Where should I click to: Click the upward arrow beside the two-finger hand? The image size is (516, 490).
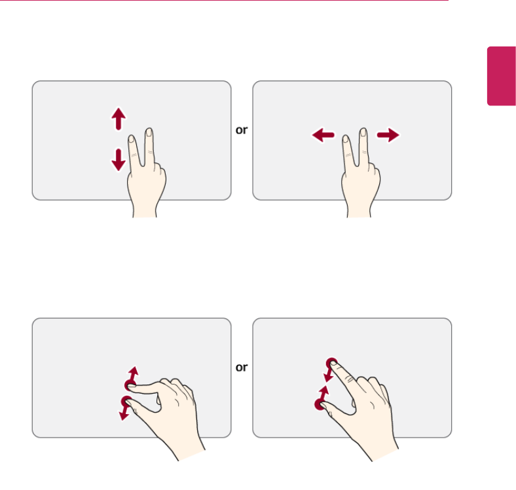tap(119, 119)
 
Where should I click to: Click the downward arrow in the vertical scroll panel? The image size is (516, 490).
tap(119, 160)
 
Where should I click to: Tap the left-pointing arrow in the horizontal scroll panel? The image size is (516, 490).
tap(323, 135)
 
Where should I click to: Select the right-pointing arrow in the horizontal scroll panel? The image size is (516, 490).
tap(388, 135)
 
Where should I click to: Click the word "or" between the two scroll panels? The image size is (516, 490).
tap(242, 130)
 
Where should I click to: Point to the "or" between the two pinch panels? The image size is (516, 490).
tap(242, 367)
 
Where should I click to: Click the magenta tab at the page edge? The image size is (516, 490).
tap(501, 76)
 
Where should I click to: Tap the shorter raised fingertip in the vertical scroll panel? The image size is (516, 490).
tap(132, 139)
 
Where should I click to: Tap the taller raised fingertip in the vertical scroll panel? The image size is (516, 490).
tap(149, 132)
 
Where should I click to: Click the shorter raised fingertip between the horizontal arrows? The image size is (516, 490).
tap(346, 139)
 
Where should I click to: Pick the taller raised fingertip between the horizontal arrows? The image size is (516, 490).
tap(363, 132)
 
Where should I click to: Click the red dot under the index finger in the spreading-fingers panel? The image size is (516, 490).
tap(130, 385)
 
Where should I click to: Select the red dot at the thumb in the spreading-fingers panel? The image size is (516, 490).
tap(126, 402)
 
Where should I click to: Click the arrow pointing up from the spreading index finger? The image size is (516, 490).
tap(134, 374)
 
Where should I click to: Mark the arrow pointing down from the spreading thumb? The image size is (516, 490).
tap(124, 413)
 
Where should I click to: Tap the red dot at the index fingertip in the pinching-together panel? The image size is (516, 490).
tap(332, 363)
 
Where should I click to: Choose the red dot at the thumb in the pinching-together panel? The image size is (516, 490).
tap(320, 404)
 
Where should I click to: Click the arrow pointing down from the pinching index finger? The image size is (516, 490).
tap(329, 375)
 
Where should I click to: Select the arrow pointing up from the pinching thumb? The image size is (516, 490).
tap(324, 394)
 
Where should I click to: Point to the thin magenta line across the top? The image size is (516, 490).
tap(224, 1)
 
